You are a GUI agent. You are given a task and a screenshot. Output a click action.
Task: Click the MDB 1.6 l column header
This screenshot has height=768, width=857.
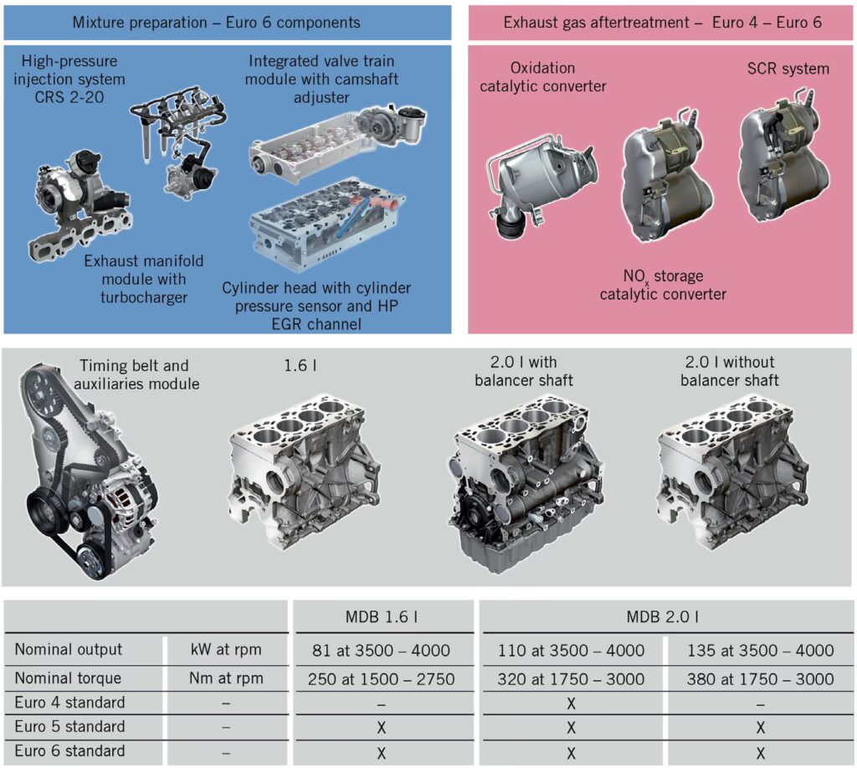pos(382,617)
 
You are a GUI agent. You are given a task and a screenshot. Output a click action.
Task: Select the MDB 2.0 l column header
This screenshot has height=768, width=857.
pos(663,617)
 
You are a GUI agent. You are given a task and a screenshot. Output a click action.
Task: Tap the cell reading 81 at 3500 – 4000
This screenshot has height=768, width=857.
pos(381,651)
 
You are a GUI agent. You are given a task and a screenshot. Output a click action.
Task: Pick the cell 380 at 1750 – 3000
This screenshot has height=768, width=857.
pos(760,679)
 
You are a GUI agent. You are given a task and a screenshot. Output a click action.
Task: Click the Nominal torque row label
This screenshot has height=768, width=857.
pos(68,678)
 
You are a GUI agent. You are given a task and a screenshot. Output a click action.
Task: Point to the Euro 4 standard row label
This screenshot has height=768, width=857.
pos(70,703)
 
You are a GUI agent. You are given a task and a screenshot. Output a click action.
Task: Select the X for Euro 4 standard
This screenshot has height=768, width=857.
pos(571,704)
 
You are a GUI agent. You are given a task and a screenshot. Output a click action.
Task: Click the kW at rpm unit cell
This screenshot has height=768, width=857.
pos(226,650)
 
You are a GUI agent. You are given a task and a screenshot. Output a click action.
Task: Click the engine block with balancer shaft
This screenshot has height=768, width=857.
pos(523,482)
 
